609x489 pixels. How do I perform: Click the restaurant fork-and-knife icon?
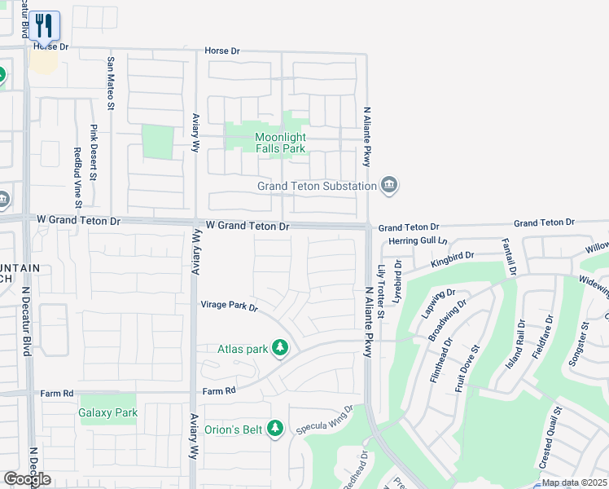(x=46, y=25)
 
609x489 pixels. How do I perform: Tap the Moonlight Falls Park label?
(x=280, y=143)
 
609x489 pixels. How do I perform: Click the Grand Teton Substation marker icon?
(x=389, y=185)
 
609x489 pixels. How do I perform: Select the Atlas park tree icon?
(x=280, y=349)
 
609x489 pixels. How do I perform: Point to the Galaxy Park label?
(x=108, y=412)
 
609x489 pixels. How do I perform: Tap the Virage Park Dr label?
(x=229, y=307)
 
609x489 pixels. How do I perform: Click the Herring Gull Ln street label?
(x=418, y=241)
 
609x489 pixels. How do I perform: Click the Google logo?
(x=27, y=479)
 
